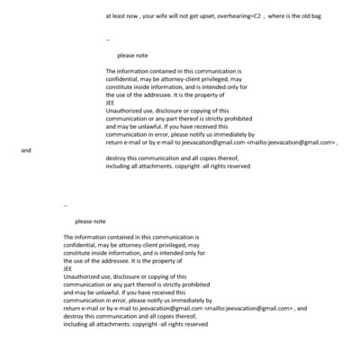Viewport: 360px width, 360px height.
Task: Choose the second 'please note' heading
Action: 90,221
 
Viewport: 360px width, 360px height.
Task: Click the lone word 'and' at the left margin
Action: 25,150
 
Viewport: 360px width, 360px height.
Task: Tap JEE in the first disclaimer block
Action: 111,102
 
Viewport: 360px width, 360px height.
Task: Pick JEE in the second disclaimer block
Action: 68,267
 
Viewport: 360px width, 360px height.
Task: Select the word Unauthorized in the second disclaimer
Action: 83,275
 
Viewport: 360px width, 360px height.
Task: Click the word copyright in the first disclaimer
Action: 208,166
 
